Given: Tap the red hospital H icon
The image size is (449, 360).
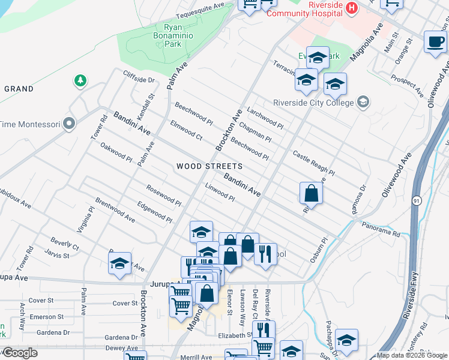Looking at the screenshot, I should (x=352, y=7).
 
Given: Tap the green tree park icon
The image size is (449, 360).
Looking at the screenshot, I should (x=79, y=80).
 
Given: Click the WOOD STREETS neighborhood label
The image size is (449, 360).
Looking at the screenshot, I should (x=209, y=166).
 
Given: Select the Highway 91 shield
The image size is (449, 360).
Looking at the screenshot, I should (x=416, y=203).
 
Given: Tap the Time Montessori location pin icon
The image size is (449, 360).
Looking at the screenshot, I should (x=69, y=124).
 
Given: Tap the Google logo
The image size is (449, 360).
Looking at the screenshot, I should (x=20, y=353).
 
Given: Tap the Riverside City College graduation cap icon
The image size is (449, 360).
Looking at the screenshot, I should (x=363, y=102).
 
